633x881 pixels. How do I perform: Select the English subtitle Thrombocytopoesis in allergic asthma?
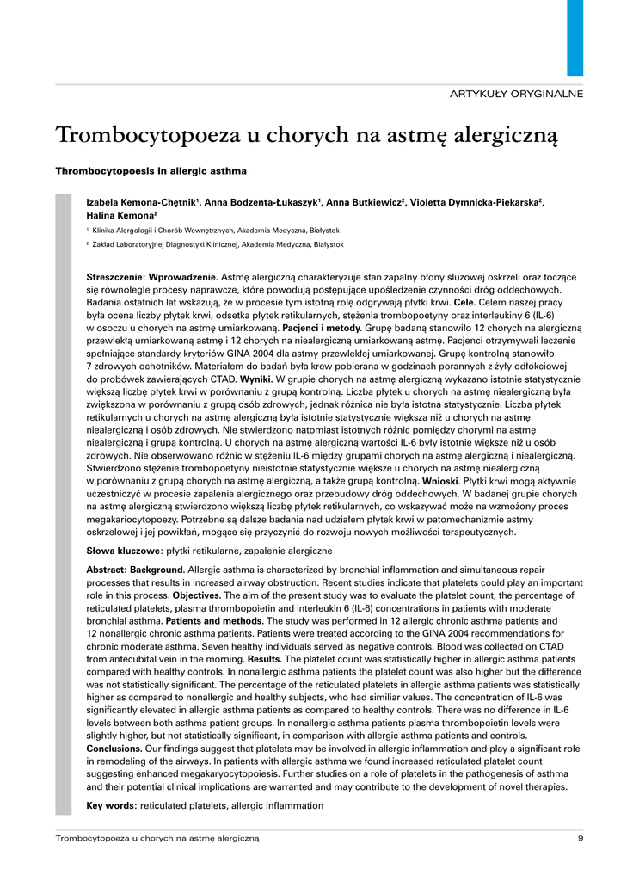(151, 170)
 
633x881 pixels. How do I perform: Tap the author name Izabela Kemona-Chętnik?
(143, 202)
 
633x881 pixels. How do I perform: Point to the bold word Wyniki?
(256, 379)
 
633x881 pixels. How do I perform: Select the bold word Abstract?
(107, 570)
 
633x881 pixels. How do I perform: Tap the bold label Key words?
(112, 805)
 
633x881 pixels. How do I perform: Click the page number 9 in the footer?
(581, 837)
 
